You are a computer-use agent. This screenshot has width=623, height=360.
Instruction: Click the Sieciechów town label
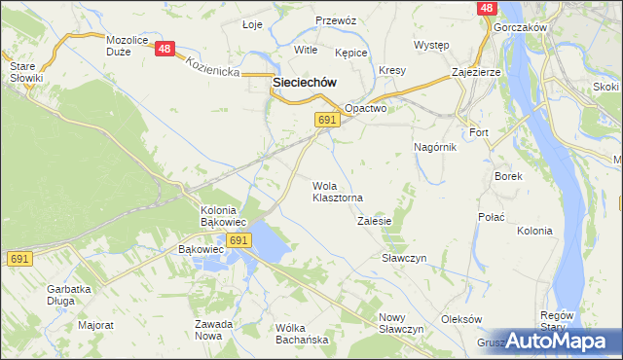pos(305,84)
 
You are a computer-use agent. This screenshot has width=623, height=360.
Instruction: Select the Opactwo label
pos(366,109)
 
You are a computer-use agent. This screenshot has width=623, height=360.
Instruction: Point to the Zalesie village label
pos(374,221)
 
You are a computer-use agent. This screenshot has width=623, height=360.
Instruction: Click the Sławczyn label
pos(405,258)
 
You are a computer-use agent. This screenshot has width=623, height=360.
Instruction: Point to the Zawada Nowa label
pos(213,330)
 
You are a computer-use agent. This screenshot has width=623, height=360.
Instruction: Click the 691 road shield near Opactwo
pos(327,119)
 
